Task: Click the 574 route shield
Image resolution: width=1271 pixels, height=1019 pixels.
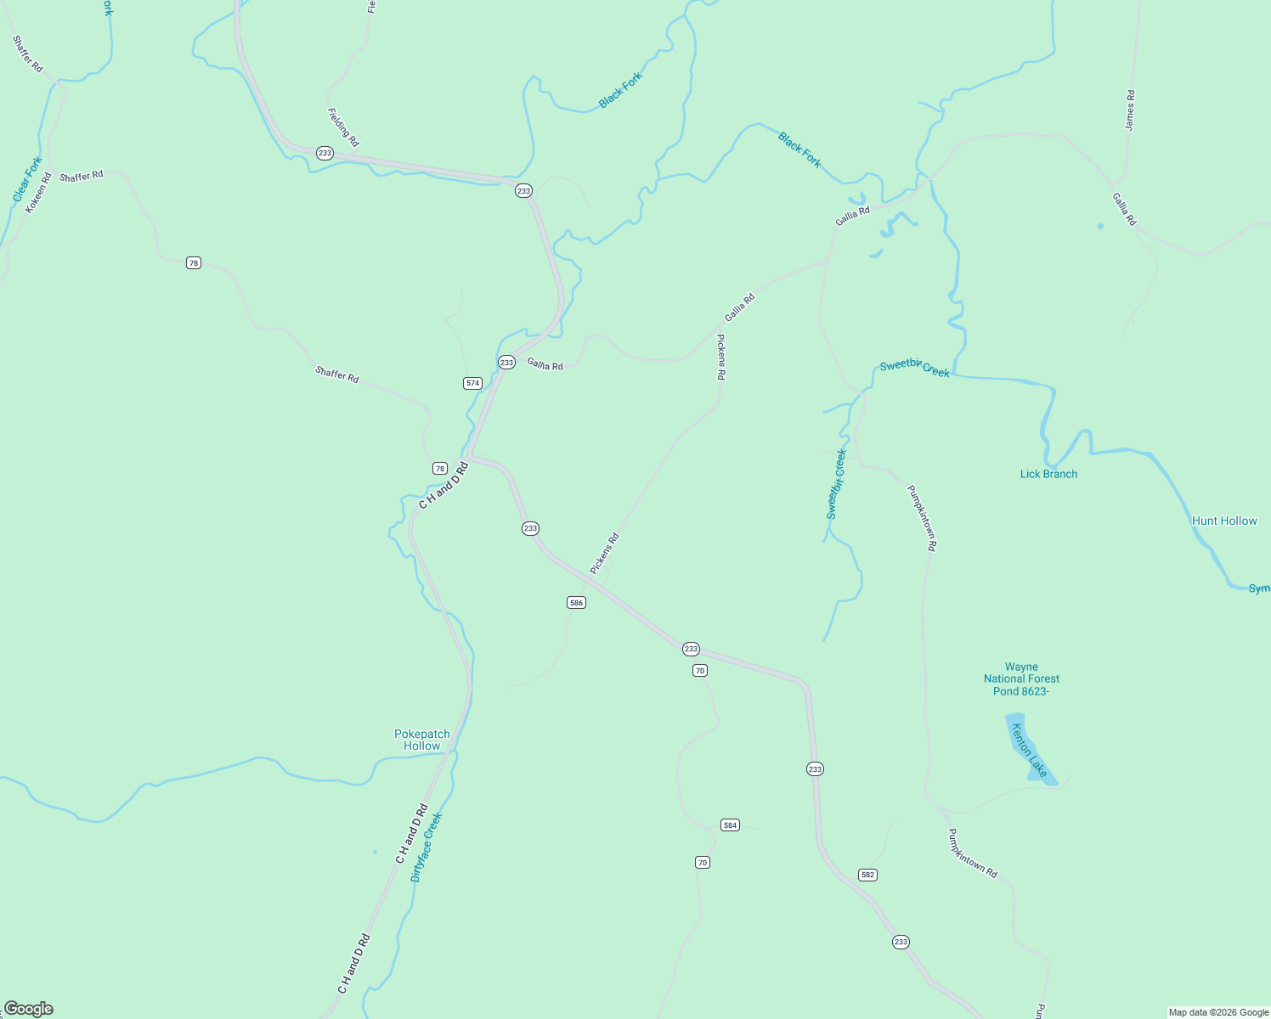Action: [x=473, y=383]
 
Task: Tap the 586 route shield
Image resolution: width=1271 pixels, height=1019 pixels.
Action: [x=576, y=603]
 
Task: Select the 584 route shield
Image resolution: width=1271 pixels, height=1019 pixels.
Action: [x=730, y=825]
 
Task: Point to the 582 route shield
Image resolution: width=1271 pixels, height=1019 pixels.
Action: [x=867, y=875]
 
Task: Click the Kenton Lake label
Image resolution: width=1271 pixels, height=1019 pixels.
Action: [x=1030, y=751]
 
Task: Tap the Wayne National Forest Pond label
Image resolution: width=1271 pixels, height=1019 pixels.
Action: [x=1021, y=679]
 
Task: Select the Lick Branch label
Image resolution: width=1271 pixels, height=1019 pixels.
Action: [x=1048, y=475]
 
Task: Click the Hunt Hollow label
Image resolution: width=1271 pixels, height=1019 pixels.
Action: [x=1224, y=521]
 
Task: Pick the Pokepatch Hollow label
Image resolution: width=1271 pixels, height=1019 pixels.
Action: [x=422, y=740]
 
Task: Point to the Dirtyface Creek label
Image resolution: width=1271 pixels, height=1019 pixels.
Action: [x=426, y=847]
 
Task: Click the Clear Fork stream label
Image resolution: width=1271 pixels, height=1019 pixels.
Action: [x=27, y=179]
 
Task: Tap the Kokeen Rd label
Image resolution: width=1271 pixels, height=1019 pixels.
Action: [x=38, y=193]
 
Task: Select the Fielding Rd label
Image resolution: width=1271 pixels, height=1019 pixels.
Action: [x=343, y=127]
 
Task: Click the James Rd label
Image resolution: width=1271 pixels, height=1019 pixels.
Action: [x=1130, y=110]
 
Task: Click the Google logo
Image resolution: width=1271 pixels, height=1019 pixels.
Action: [x=28, y=1009]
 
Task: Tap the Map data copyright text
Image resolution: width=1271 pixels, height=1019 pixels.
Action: [x=1218, y=1012]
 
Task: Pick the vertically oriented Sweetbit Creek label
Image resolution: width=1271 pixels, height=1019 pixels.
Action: [x=837, y=484]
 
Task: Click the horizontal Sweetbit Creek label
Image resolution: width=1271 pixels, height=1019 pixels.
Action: [x=914, y=369]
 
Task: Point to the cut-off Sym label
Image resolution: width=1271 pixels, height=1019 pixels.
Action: [x=1259, y=589]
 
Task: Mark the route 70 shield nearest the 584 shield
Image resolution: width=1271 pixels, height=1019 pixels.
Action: [x=702, y=863]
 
